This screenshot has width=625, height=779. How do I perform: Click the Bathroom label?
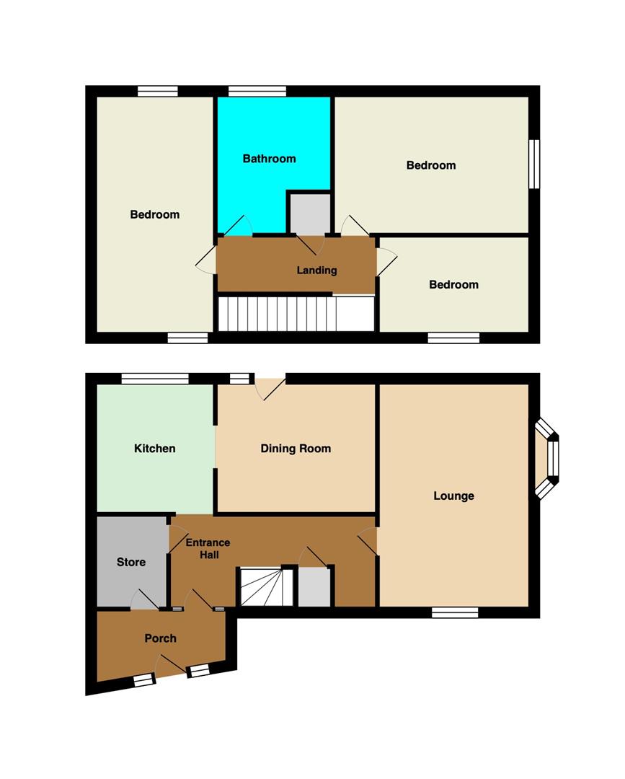pyautogui.click(x=269, y=159)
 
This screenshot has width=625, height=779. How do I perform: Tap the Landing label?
pyautogui.click(x=316, y=270)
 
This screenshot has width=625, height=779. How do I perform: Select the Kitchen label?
pyautogui.click(x=154, y=449)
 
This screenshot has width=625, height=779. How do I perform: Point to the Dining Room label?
pyautogui.click(x=296, y=449)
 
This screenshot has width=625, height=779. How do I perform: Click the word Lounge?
pyautogui.click(x=453, y=496)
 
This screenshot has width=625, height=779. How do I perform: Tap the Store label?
pyautogui.click(x=131, y=562)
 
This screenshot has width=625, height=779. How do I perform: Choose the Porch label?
pyautogui.click(x=160, y=638)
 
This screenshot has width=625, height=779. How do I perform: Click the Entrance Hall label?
pyautogui.click(x=208, y=548)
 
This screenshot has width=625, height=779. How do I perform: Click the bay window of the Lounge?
pyautogui.click(x=547, y=458)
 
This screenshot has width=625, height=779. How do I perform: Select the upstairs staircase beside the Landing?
pyautogui.click(x=296, y=314)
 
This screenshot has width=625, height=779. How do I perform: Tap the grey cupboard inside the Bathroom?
pyautogui.click(x=310, y=213)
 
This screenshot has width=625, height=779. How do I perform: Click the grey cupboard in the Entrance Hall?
pyautogui.click(x=314, y=587)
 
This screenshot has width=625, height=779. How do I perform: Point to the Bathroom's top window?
pyautogui.click(x=257, y=91)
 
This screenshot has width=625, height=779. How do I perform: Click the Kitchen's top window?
pyautogui.click(x=155, y=379)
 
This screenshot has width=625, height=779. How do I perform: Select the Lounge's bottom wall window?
pyautogui.click(x=455, y=612)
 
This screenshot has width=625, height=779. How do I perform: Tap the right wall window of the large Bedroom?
pyautogui.click(x=534, y=164)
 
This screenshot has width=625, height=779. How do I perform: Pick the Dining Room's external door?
pyautogui.click(x=270, y=387)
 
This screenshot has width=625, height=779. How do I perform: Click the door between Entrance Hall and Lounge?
pyautogui.click(x=368, y=542)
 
